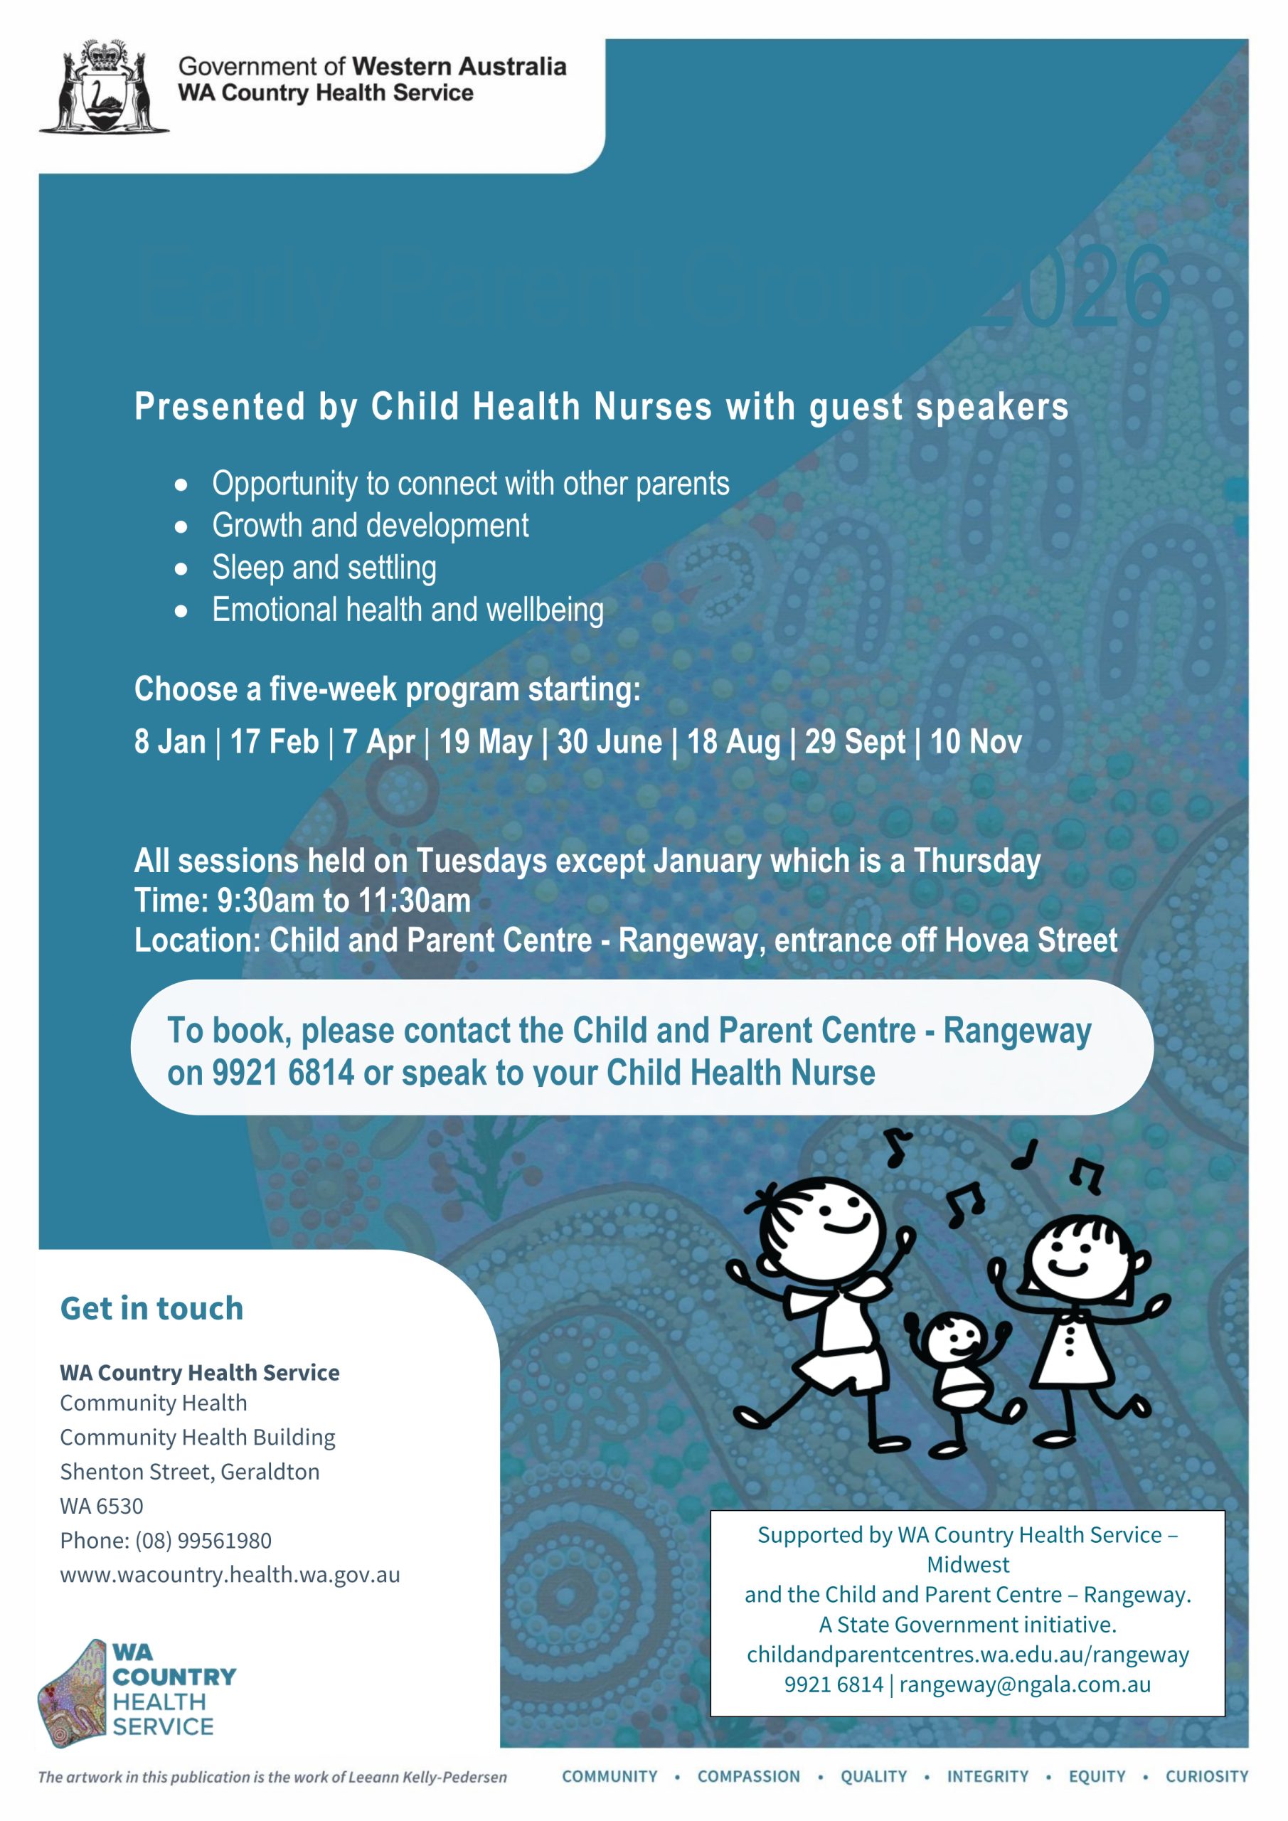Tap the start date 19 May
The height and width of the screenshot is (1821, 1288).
pyautogui.click(x=484, y=743)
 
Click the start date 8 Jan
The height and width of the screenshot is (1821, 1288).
pyautogui.click(x=170, y=743)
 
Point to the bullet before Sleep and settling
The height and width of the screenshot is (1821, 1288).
pyautogui.click(x=181, y=568)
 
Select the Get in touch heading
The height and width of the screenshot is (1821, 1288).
pyautogui.click(x=151, y=1309)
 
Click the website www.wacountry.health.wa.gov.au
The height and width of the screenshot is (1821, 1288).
pyautogui.click(x=230, y=1574)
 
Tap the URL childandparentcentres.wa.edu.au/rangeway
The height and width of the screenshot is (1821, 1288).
pyautogui.click(x=967, y=1655)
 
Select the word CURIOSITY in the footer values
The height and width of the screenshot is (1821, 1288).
pyautogui.click(x=1206, y=1777)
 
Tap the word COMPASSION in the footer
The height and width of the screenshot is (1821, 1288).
pyautogui.click(x=749, y=1777)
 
